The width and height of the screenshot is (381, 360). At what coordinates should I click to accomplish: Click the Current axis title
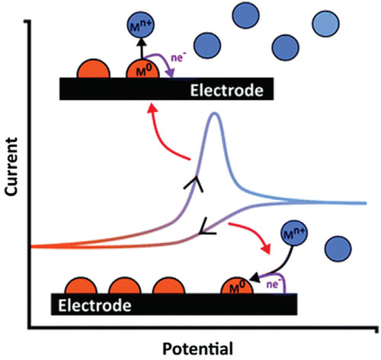11,167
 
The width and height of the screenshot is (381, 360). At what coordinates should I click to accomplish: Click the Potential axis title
197,349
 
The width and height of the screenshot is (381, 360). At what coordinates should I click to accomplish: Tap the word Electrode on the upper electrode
226,91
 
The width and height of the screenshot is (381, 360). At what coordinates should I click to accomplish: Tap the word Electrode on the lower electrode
94,305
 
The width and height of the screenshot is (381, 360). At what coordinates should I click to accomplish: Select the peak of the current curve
215,114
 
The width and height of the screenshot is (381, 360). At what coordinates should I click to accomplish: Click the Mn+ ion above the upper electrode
141,24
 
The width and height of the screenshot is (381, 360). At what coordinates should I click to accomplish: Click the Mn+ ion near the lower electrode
294,233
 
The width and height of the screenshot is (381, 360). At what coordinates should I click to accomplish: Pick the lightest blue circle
325,24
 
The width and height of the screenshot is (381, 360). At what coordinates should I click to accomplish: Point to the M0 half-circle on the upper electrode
142,69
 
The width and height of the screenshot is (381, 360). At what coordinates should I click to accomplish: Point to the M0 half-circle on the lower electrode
237,286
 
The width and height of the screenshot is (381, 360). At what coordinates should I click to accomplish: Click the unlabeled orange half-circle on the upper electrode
94,69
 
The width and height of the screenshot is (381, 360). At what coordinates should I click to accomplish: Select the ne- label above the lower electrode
273,284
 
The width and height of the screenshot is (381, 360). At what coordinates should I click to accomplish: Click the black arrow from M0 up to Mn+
142,48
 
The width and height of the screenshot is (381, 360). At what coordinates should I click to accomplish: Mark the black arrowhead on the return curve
207,228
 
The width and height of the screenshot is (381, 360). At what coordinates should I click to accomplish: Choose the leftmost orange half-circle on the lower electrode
81,285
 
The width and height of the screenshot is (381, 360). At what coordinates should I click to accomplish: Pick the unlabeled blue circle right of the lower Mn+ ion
338,249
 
